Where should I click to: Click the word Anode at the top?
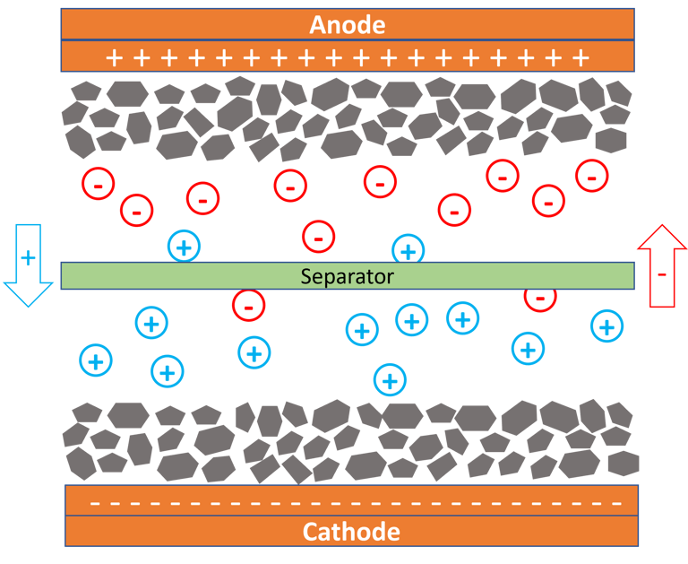pyautogui.click(x=347, y=24)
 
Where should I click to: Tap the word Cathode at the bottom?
pyautogui.click(x=351, y=532)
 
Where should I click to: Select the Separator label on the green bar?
pyautogui.click(x=347, y=276)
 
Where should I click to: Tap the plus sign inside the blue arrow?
pyautogui.click(x=29, y=258)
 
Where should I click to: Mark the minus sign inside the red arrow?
pyautogui.click(x=661, y=273)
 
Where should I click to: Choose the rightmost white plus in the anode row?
pyautogui.click(x=580, y=58)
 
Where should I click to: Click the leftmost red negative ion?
pyautogui.click(x=98, y=184)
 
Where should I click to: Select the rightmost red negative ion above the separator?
pyautogui.click(x=592, y=176)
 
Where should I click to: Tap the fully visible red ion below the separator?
pyautogui.click(x=248, y=305)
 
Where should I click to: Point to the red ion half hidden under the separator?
pyautogui.click(x=539, y=297)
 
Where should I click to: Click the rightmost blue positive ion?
pyautogui.click(x=606, y=325)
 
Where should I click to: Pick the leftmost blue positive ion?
pyautogui.click(x=96, y=360)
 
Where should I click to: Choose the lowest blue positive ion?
pyautogui.click(x=389, y=379)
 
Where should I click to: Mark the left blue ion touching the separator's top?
pyautogui.click(x=184, y=247)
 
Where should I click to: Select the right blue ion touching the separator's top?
pyautogui.click(x=408, y=249)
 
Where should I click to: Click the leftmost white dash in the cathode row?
pyautogui.click(x=94, y=502)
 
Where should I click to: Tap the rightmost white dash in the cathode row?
pyautogui.click(x=616, y=502)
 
